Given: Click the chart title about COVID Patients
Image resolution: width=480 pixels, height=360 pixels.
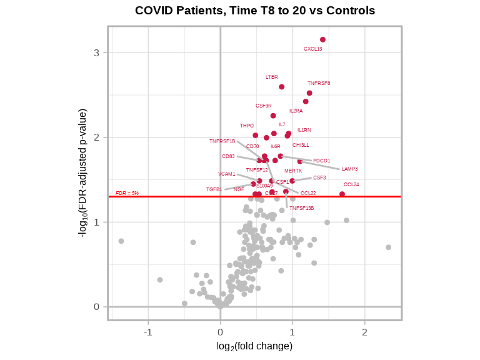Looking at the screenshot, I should point(255,11).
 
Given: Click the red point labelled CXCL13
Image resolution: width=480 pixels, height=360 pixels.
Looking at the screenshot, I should point(322,39).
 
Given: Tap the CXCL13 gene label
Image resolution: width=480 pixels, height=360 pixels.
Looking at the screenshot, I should point(313,49).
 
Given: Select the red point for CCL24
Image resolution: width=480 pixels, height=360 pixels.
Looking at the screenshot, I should point(342,194).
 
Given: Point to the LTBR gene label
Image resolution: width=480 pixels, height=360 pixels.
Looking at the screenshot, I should point(272,77).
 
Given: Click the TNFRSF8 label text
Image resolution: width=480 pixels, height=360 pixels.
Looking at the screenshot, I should point(319,83).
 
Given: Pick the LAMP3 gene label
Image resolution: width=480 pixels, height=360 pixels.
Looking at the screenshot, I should point(349,169).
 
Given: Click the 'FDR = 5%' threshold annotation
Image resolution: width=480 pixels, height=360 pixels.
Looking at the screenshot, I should point(127,193).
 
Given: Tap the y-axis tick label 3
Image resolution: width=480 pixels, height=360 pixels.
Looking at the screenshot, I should point(97,52).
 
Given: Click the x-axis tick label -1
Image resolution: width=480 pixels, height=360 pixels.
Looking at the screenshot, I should point(148,332).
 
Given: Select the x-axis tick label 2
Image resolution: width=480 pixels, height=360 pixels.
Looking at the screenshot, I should point(364,332).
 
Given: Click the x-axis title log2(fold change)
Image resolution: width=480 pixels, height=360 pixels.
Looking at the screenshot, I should point(254,346).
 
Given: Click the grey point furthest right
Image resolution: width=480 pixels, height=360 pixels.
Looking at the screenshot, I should point(388,247).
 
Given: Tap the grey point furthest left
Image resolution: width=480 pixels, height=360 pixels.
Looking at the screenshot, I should point(121,241).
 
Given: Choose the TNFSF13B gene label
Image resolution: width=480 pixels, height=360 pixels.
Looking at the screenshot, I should point(301,208).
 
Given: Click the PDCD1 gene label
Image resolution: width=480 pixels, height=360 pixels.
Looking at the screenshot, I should point(321,161).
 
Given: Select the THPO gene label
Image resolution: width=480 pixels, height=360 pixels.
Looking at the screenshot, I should point(247,126).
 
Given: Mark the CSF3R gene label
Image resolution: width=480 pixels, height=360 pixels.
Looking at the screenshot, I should point(263,106).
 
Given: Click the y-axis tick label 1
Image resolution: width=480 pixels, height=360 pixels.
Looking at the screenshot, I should point(97,222).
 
